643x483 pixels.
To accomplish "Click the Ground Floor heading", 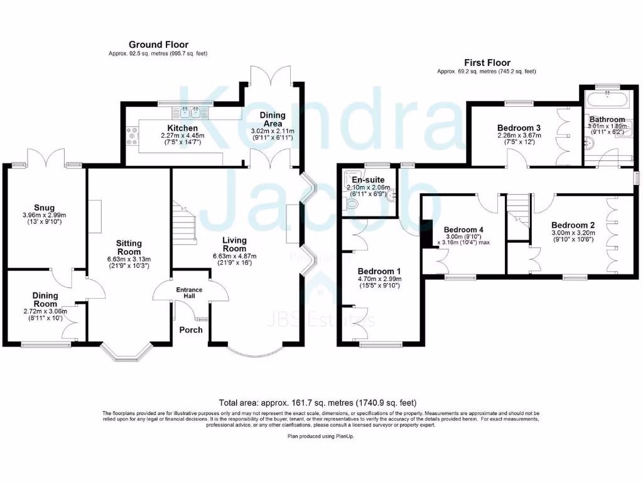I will (157, 45).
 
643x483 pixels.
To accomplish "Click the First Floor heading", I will (487, 62).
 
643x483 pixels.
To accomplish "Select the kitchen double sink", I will (190, 113).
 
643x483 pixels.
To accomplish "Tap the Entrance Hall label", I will (190, 292).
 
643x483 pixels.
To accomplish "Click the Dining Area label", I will (273, 119).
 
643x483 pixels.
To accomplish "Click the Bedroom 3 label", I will (519, 128).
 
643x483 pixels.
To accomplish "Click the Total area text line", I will (317, 402).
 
